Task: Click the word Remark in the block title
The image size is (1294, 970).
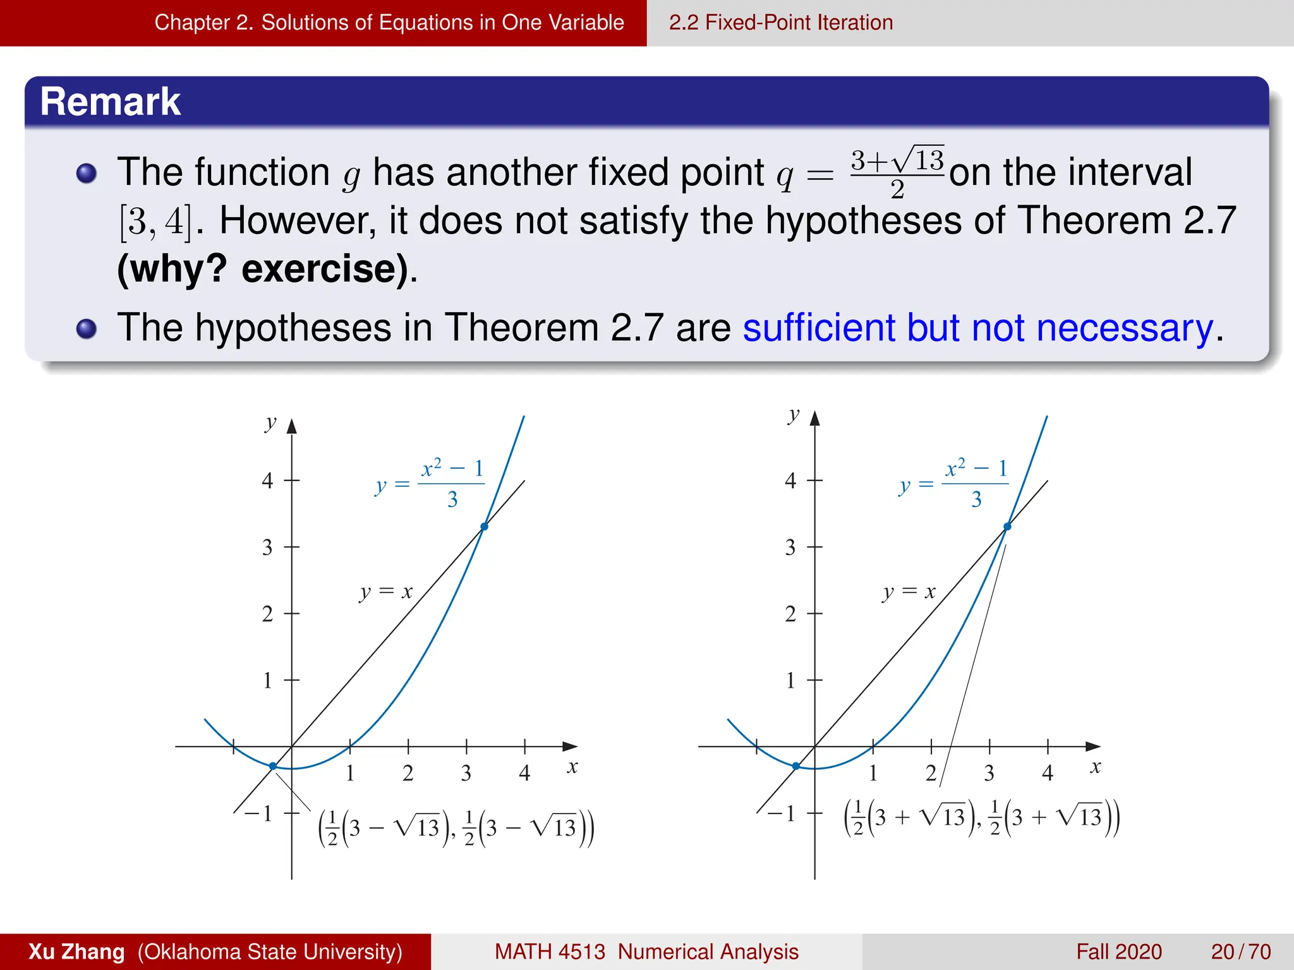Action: [x=111, y=102]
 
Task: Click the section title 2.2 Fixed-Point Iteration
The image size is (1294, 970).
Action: [x=780, y=23]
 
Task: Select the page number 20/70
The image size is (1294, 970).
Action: [x=1240, y=951]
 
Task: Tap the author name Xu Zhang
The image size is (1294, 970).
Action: [x=76, y=951]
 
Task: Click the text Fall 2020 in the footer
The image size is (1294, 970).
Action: [x=1118, y=951]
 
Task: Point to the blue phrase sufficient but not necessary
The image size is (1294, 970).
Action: [x=977, y=328]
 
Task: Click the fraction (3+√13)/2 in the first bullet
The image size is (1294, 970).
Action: [x=897, y=172]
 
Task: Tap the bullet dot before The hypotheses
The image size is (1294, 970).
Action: [x=87, y=328]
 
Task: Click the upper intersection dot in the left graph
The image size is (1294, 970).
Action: [x=485, y=526]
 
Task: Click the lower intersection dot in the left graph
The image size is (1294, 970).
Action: [x=273, y=766]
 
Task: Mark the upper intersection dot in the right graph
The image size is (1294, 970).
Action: [x=1008, y=526]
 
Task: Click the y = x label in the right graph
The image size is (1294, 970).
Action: [x=909, y=592]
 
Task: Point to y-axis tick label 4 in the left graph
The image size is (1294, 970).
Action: [x=267, y=481]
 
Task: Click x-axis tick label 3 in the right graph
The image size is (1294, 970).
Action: [x=989, y=773]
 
